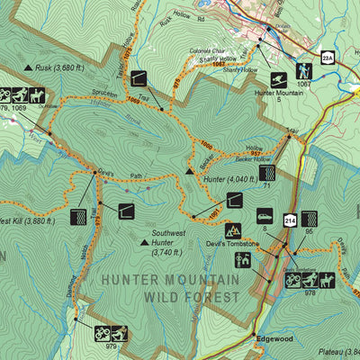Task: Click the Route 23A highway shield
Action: [x=329, y=58]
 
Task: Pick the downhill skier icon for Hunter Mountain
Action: [x=278, y=79]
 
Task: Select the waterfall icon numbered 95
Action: [x=310, y=217]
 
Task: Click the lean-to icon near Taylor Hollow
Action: [x=139, y=77]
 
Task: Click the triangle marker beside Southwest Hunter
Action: [x=144, y=241]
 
